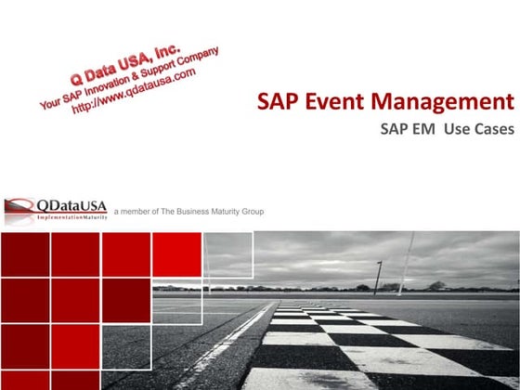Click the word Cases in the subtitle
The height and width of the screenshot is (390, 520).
point(492,130)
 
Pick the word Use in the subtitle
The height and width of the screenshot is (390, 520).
point(458,130)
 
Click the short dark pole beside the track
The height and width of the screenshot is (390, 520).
point(378,278)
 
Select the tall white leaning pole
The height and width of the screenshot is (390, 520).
point(408,263)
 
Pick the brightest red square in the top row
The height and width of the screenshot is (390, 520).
point(176,254)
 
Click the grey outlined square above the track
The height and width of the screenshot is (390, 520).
point(227,254)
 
